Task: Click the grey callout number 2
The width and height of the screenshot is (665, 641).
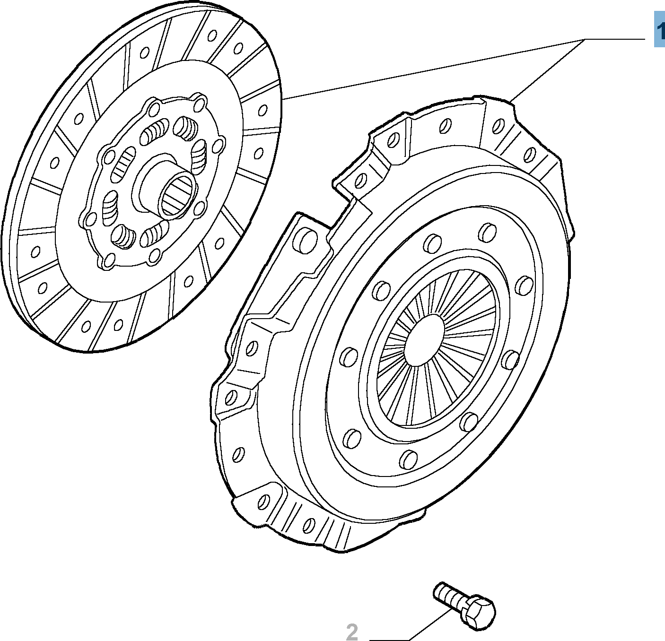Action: pos(351,632)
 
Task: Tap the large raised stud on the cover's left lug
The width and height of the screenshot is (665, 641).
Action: pos(305,240)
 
